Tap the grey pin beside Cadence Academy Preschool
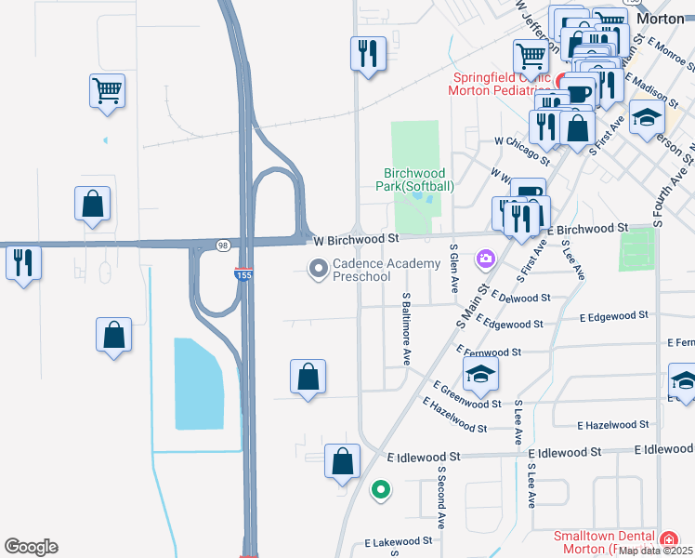(x=319, y=270)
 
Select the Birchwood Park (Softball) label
(x=420, y=179)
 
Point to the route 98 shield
(x=222, y=246)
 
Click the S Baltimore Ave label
(x=406, y=327)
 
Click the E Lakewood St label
(x=398, y=540)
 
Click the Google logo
(x=31, y=547)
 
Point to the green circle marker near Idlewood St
(x=380, y=488)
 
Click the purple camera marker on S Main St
(x=484, y=257)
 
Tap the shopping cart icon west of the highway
(x=107, y=91)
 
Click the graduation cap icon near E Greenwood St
(x=480, y=373)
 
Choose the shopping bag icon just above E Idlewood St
(x=342, y=460)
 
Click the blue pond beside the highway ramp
(x=199, y=383)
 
